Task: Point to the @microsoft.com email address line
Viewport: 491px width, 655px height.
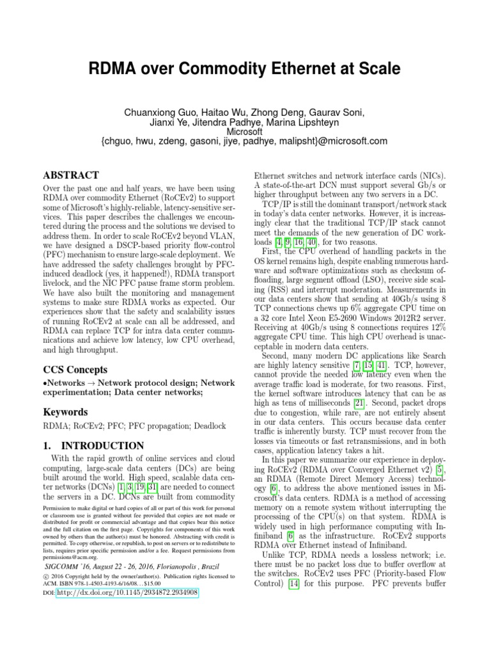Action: [245, 141]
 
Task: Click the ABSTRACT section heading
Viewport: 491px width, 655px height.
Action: [70, 175]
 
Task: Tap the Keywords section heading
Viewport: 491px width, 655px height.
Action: [66, 413]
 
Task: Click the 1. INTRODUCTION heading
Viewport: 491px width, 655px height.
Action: [93, 445]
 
